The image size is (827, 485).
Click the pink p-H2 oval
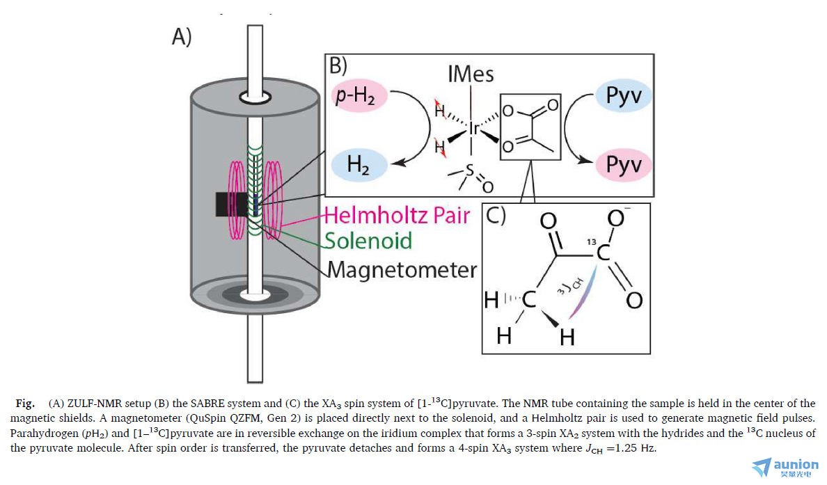coord(360,96)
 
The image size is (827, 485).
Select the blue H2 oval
coord(359,165)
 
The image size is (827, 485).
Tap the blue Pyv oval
coord(624,96)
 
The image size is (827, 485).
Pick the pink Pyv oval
coord(624,164)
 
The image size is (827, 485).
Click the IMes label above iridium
coord(471,74)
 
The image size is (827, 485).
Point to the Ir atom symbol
coord(474,128)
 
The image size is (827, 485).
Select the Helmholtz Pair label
coord(397,215)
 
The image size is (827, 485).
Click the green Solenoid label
coord(368,241)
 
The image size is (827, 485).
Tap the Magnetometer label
coord(402,270)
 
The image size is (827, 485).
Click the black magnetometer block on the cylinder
coord(231,205)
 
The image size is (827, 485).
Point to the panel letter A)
coord(182,37)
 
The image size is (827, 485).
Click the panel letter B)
coord(338,66)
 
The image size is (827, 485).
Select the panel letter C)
coord(496,216)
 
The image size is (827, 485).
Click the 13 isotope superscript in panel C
coord(591,242)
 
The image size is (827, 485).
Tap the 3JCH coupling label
coord(570,285)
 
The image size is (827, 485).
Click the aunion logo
coord(785,467)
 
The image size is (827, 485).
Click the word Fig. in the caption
coord(25,404)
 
